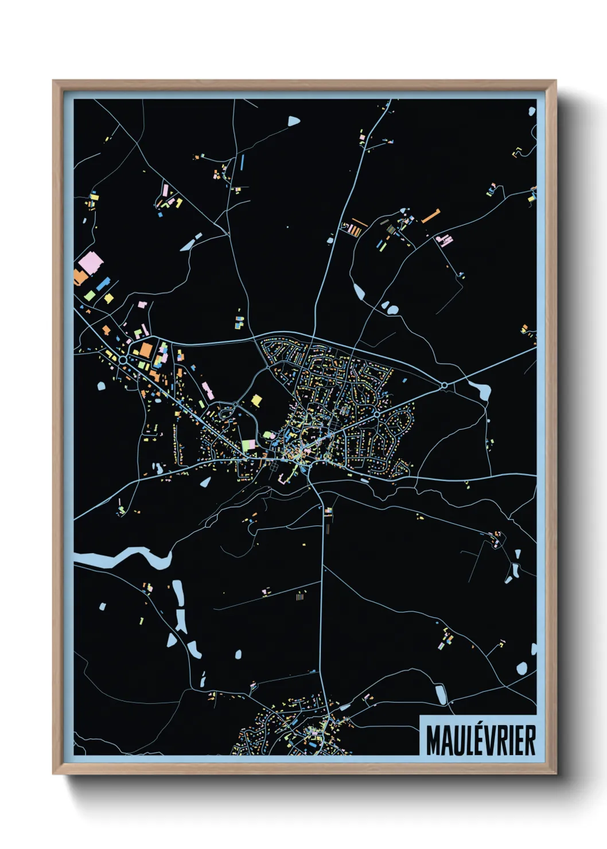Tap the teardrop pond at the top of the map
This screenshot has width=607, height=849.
coord(294,121)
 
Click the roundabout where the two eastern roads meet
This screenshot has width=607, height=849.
coord(443,385)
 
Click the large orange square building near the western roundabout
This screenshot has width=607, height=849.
coord(146,349)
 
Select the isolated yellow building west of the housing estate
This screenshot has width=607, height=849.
coord(256,399)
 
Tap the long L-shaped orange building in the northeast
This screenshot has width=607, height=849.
coord(431,216)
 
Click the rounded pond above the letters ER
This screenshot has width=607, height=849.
coord(522,668)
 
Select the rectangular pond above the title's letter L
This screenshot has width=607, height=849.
coord(441,695)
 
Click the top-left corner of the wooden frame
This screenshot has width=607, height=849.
coord(54,81)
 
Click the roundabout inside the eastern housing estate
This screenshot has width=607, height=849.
coord(376,413)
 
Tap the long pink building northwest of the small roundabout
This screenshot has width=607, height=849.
coord(208,390)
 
